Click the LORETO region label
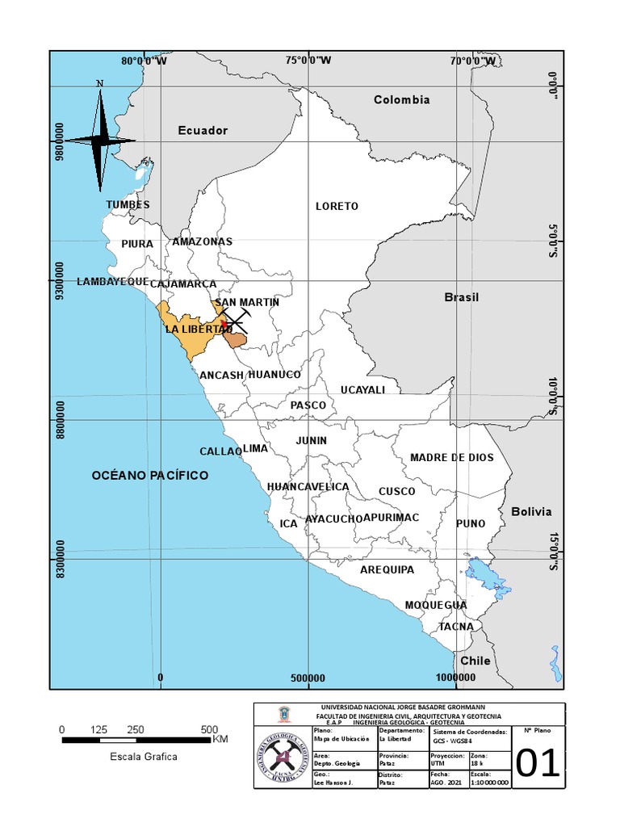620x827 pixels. (x=337, y=207)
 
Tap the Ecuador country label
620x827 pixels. (x=203, y=131)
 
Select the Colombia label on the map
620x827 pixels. (x=401, y=100)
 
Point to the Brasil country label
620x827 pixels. (x=462, y=297)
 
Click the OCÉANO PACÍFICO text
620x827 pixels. (x=149, y=476)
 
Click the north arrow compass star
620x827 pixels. (x=100, y=141)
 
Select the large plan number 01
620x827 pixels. (x=538, y=763)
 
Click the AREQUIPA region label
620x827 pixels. (x=387, y=570)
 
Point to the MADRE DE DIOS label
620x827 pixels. (x=451, y=458)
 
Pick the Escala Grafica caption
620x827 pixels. (x=144, y=757)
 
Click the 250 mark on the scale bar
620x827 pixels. (x=136, y=730)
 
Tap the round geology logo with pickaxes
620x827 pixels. (x=283, y=757)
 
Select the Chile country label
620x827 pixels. (x=475, y=661)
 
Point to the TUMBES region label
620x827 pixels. (x=128, y=205)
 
